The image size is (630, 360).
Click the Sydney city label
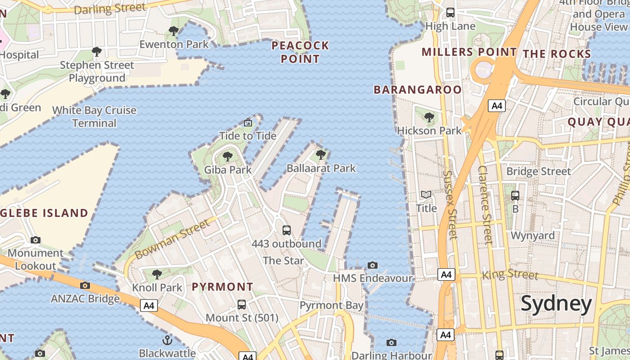[556, 304]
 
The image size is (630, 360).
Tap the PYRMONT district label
[222, 287]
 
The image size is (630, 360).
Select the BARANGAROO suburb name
[418, 90]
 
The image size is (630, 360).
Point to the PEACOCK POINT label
[300, 52]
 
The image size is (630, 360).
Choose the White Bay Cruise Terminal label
[94, 117]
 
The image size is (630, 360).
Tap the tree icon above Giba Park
[228, 157]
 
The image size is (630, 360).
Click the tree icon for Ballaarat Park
[321, 155]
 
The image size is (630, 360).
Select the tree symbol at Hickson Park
[429, 117]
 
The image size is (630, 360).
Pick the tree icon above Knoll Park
[157, 274]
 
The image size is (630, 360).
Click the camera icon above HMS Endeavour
[373, 265]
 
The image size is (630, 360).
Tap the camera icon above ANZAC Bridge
[85, 285]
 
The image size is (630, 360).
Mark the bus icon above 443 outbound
[286, 230]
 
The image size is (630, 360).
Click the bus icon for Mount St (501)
[242, 304]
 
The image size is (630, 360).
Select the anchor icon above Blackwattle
[167, 340]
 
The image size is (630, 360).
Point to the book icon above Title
[426, 195]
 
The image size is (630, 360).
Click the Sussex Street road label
[450, 204]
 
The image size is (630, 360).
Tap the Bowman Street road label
[172, 239]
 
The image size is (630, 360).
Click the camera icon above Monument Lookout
[36, 240]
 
